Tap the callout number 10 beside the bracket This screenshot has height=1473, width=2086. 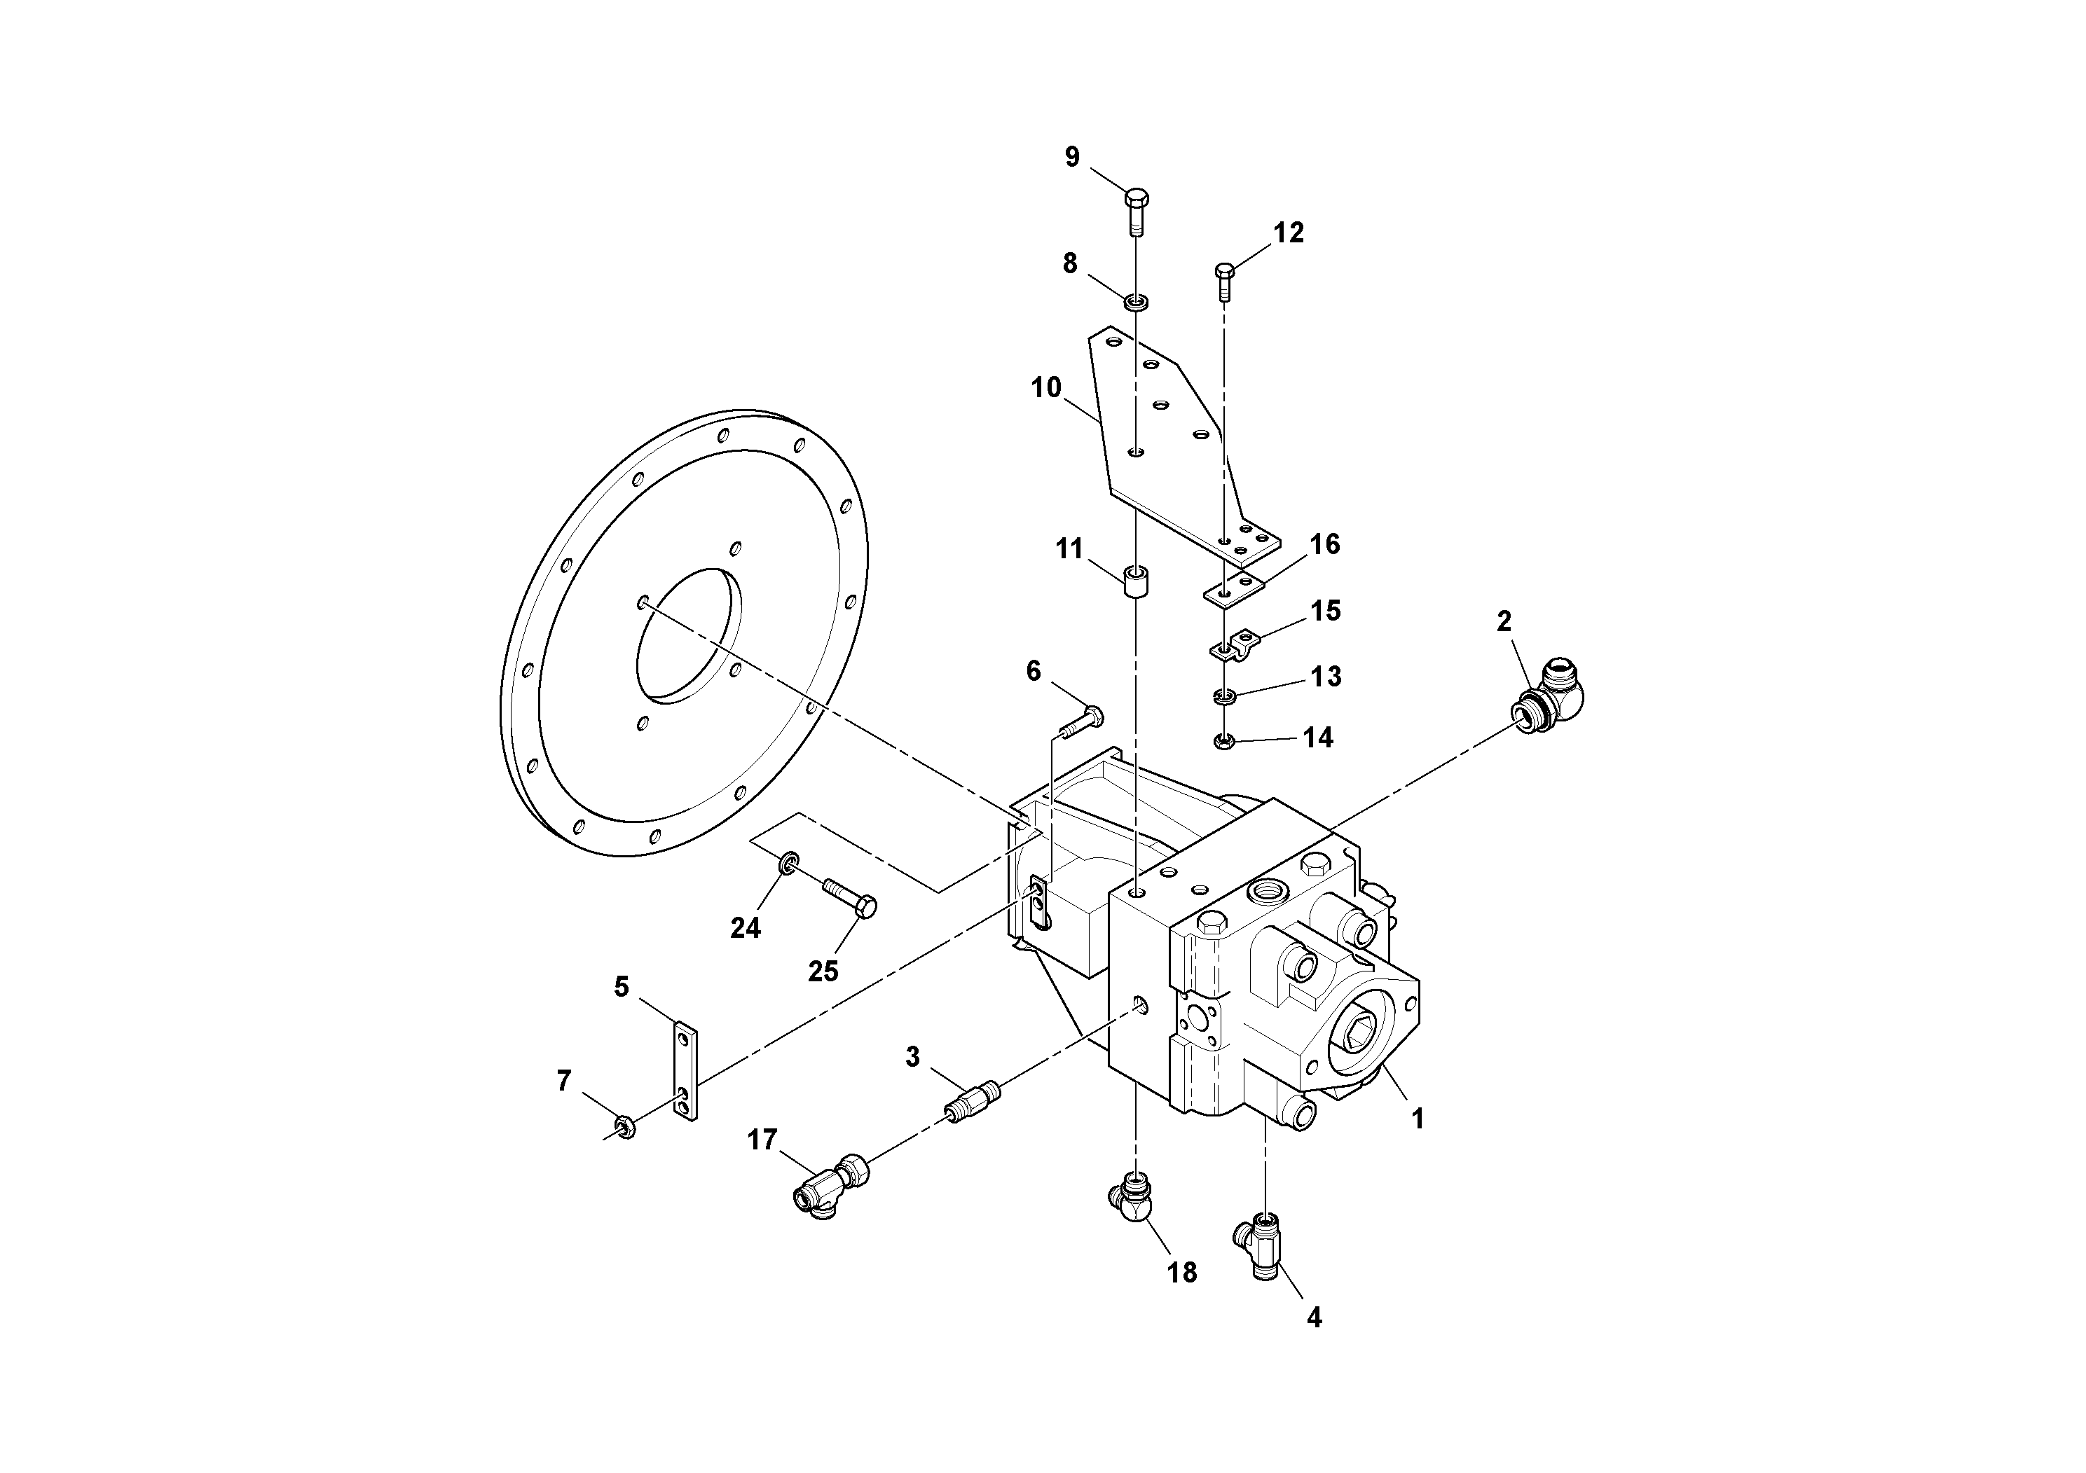1045,388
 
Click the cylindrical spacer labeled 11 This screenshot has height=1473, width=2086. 1136,581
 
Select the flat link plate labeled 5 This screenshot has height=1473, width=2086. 687,1071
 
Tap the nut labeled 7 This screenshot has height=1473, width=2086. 624,1128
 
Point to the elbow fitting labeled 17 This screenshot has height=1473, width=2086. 834,1186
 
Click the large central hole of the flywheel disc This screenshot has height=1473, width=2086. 689,636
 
